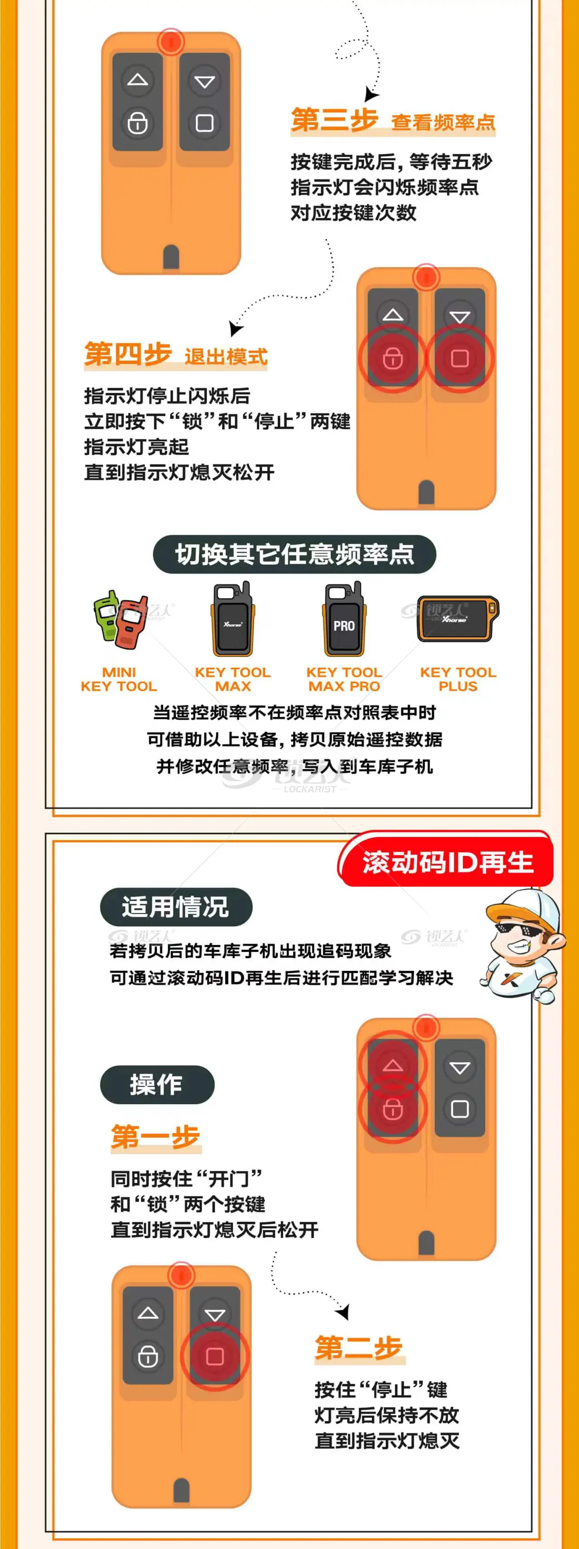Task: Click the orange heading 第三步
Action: tap(334, 120)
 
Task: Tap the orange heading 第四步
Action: tap(128, 354)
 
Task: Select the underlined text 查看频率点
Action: tap(443, 122)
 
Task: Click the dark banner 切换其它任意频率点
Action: tap(294, 554)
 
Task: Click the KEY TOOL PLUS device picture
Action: tap(458, 619)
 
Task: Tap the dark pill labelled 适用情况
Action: tap(176, 907)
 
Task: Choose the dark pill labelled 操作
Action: tap(157, 1085)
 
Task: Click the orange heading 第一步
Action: tap(155, 1136)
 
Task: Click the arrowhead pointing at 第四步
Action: tap(236, 328)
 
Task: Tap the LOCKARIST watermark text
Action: tap(310, 789)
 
